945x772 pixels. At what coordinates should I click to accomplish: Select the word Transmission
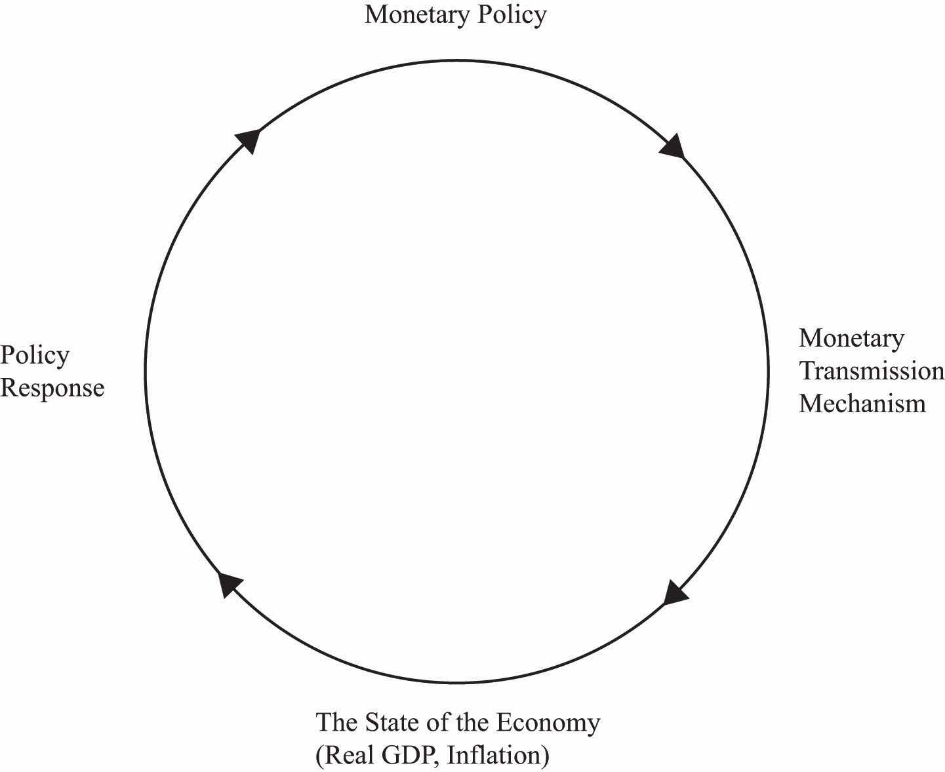[x=871, y=371]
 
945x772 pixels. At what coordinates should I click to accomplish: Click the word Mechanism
[x=862, y=403]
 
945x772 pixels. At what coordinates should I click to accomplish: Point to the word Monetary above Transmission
[x=851, y=338]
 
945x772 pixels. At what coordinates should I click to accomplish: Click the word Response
[x=52, y=388]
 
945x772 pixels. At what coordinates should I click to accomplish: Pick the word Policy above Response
[x=35, y=355]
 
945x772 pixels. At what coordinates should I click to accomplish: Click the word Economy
[x=548, y=723]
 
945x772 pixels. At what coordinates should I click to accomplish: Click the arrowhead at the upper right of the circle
[x=673, y=145]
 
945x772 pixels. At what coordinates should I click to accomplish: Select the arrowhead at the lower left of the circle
[x=228, y=582]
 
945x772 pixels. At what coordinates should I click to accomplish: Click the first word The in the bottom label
[x=336, y=722]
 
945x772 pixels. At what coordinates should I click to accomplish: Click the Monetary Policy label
[x=455, y=14]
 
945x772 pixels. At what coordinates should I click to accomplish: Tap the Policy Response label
[x=52, y=372]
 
